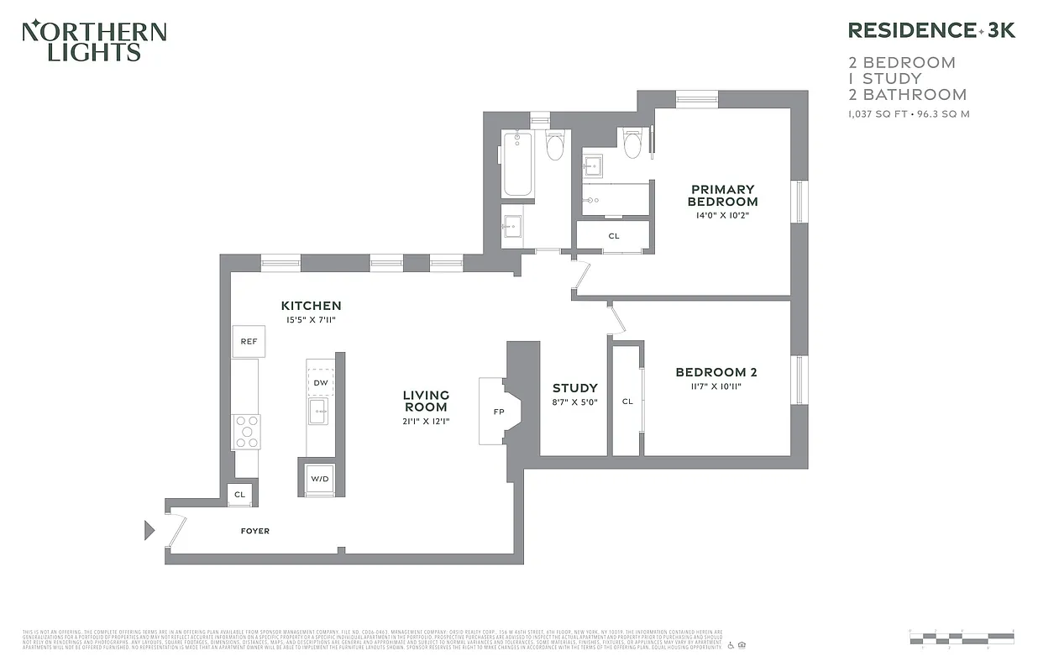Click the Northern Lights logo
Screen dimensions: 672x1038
(x=94, y=41)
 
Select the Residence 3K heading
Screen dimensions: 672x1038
(x=931, y=30)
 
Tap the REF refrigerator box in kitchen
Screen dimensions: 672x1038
(x=249, y=341)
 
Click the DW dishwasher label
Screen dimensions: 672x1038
(x=320, y=383)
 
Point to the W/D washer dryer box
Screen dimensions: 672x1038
(x=320, y=479)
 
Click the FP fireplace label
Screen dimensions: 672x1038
(x=499, y=412)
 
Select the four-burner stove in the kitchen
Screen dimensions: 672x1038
(x=247, y=432)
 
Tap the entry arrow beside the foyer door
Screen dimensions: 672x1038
(x=149, y=530)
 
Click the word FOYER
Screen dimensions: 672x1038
(x=255, y=531)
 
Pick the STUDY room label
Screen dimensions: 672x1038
(x=575, y=388)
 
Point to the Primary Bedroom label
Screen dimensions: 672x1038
(x=722, y=196)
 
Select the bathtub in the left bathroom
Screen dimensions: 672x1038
(x=517, y=165)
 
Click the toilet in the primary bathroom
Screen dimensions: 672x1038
(x=632, y=144)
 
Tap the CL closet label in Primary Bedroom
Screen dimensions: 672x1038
(x=614, y=236)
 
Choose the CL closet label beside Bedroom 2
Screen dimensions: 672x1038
(x=627, y=402)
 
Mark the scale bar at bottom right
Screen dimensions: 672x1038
(x=961, y=637)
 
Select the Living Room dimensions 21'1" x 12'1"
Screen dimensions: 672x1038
(x=426, y=422)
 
